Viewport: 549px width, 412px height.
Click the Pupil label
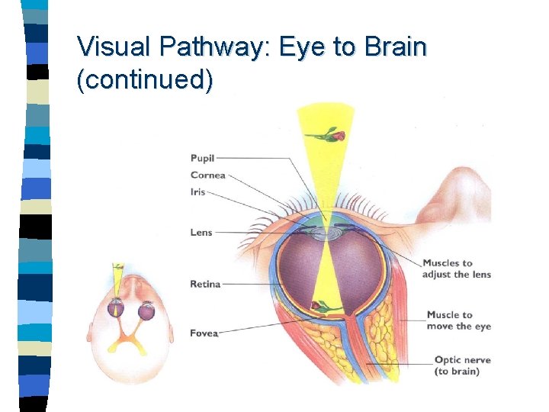tap(202, 158)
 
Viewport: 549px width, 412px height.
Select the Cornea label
tap(207, 175)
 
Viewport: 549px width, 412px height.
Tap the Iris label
tap(197, 192)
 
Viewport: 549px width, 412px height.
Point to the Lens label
tap(201, 232)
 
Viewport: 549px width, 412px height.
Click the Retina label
tap(205, 284)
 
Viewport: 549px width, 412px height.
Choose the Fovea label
tap(204, 333)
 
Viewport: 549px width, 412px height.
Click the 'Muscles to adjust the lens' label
tap(457, 269)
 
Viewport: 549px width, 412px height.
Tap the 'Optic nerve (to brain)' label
tap(462, 365)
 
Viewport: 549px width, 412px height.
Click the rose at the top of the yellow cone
tap(333, 135)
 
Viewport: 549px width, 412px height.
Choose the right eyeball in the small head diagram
tap(146, 311)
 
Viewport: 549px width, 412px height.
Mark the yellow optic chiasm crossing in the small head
tap(130, 336)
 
